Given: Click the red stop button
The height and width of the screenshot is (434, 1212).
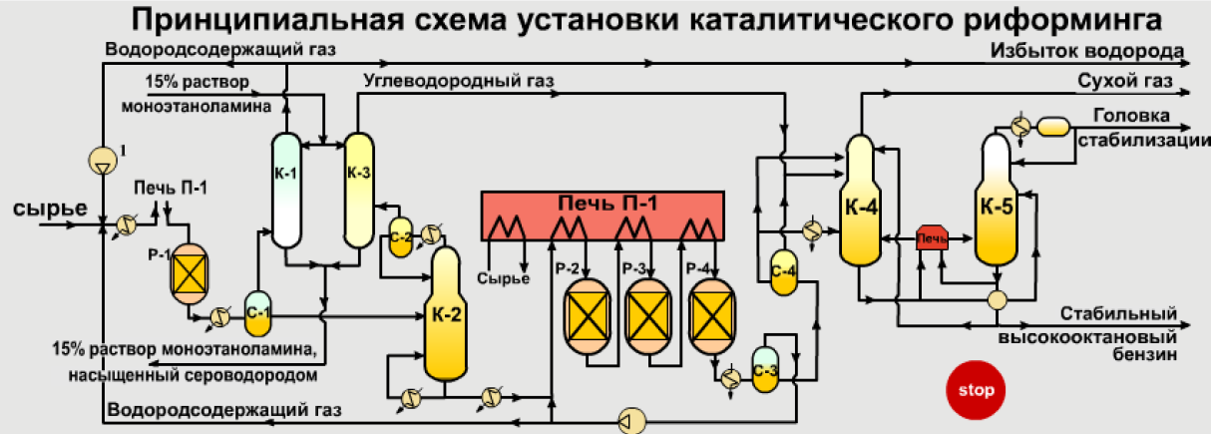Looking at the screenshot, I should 977,390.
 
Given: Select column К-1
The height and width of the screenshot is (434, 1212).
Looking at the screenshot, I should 286,190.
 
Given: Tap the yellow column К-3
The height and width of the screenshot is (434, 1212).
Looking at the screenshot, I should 358,190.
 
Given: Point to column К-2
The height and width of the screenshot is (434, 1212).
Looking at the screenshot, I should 444,314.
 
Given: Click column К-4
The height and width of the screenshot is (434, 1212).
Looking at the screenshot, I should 860,205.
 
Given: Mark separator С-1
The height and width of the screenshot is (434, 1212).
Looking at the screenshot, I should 258,313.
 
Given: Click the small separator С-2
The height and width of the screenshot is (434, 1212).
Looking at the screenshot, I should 401,237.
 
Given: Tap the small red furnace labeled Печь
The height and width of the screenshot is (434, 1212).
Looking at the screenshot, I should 932,239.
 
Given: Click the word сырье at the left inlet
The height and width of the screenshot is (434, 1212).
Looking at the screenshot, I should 51,209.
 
